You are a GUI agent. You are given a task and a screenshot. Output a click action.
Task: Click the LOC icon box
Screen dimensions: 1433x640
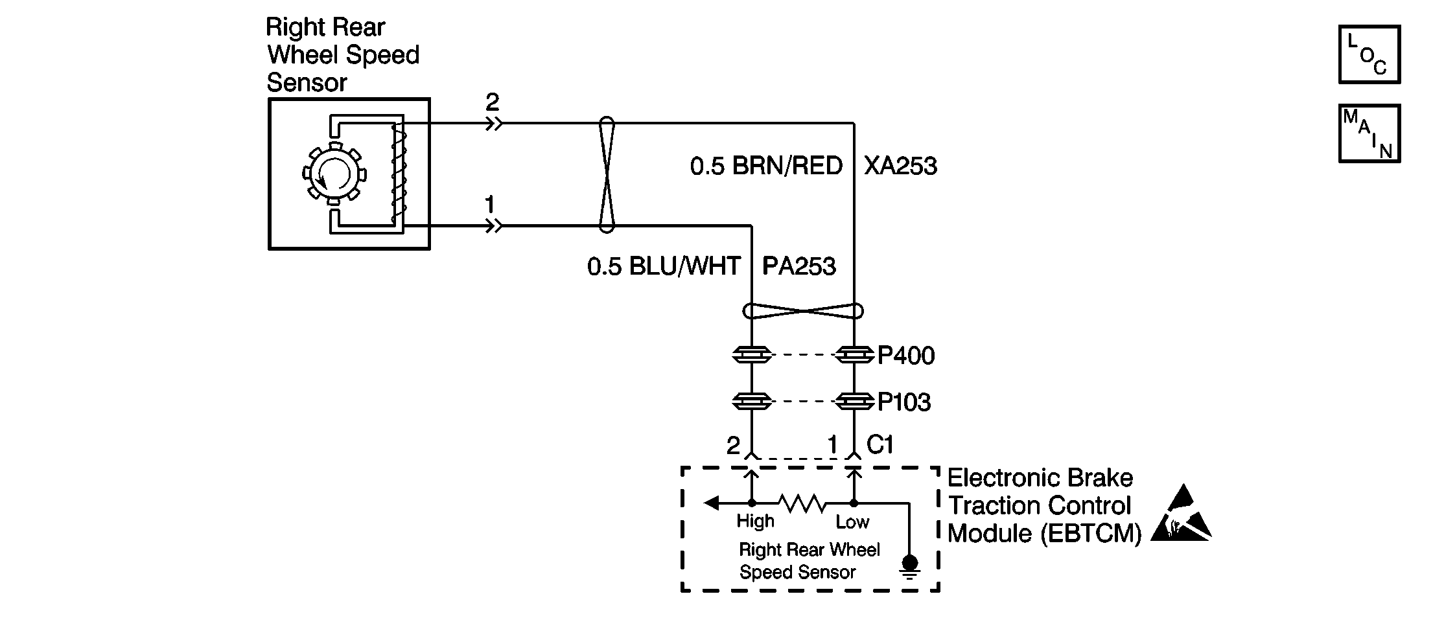click(x=1369, y=54)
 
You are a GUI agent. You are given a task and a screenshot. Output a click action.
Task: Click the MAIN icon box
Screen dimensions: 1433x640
click(x=1369, y=133)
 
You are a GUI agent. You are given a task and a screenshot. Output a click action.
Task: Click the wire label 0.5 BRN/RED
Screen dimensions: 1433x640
click(x=766, y=166)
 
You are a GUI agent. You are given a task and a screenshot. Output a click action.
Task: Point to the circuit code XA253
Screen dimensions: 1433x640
click(x=900, y=166)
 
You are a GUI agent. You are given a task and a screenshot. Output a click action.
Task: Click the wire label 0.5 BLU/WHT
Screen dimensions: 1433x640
click(x=664, y=266)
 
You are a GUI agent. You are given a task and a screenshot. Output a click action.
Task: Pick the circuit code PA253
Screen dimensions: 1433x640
click(x=799, y=266)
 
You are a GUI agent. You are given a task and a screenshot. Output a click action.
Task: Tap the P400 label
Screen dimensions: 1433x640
click(x=906, y=356)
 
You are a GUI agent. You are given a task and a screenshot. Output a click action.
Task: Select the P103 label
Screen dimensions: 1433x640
click(x=904, y=402)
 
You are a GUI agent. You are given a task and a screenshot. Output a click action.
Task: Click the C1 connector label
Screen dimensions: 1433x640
click(x=880, y=444)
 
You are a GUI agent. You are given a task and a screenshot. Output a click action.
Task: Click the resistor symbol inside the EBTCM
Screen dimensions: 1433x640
click(x=802, y=503)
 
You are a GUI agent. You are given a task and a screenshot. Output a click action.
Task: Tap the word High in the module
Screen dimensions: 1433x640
click(x=755, y=521)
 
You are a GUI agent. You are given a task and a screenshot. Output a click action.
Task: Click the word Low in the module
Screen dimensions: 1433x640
click(x=852, y=521)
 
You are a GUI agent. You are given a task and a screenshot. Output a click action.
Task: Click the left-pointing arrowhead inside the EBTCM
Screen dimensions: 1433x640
click(x=712, y=503)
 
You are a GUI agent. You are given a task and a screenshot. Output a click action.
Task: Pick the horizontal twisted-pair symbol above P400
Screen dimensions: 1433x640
click(x=803, y=312)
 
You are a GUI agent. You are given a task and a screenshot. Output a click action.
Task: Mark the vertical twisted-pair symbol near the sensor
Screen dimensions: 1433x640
click(x=606, y=174)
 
